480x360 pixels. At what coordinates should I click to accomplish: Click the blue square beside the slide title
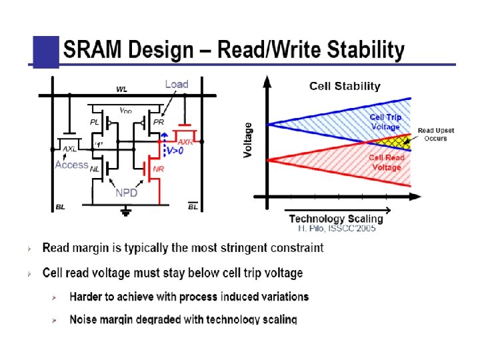pyautogui.click(x=46, y=51)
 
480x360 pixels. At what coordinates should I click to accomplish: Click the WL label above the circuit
pyautogui.click(x=122, y=89)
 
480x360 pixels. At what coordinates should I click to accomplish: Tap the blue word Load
pyautogui.click(x=177, y=84)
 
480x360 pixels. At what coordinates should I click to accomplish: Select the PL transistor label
pyautogui.click(x=95, y=122)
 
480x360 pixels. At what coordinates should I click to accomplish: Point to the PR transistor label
pyautogui.click(x=159, y=122)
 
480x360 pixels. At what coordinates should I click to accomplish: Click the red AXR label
pyautogui.click(x=185, y=142)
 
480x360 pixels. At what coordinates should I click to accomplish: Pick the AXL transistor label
pyautogui.click(x=70, y=149)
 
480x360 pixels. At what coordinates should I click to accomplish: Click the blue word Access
pyautogui.click(x=72, y=165)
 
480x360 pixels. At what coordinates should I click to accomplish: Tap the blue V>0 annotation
pyautogui.click(x=175, y=152)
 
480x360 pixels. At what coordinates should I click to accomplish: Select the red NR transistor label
pyautogui.click(x=158, y=169)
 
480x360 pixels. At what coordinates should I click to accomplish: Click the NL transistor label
pyautogui.click(x=95, y=169)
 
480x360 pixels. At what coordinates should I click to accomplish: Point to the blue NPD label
pyautogui.click(x=127, y=193)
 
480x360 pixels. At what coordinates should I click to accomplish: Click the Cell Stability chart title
pyautogui.click(x=345, y=86)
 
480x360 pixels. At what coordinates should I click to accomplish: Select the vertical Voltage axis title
pyautogui.click(x=249, y=140)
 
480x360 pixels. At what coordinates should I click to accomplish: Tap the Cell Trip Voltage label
pyautogui.click(x=386, y=122)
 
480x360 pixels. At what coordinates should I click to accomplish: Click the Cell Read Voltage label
pyautogui.click(x=386, y=163)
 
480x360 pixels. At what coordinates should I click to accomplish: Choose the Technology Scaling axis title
pyautogui.click(x=336, y=219)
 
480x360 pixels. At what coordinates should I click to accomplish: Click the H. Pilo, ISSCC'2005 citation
pyautogui.click(x=337, y=228)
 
